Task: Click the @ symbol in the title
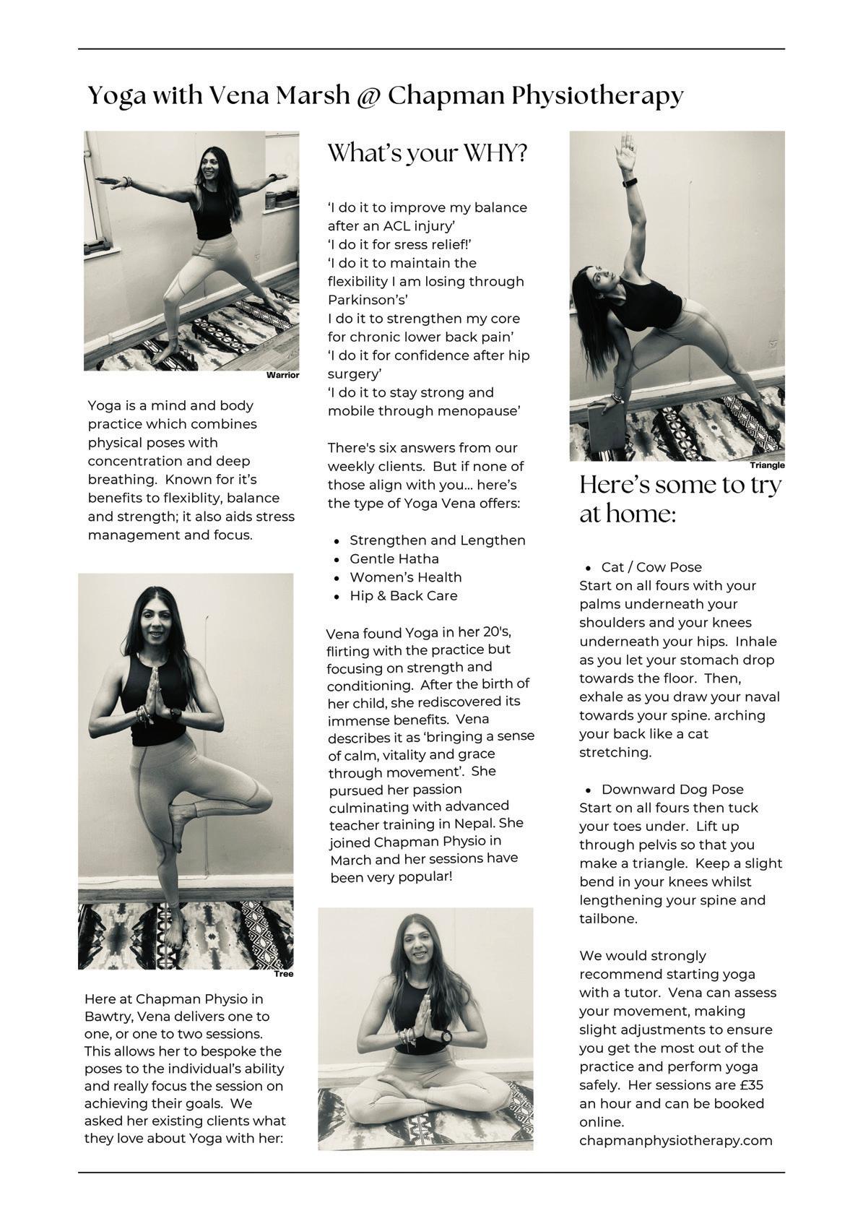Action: coord(368,96)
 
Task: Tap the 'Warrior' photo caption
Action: coord(282,375)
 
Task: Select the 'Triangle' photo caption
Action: coord(766,465)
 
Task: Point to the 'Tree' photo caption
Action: coord(284,974)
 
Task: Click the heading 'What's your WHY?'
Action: coord(428,153)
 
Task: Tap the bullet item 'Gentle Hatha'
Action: coord(394,558)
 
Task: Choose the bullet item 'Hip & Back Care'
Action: coord(403,596)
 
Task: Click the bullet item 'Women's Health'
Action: coord(405,577)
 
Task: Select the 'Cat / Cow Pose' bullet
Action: coord(651,567)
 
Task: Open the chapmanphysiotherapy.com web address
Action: coord(675,1141)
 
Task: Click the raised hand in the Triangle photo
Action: coord(625,152)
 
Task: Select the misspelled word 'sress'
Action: coord(397,244)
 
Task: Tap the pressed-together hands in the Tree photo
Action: coord(153,694)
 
